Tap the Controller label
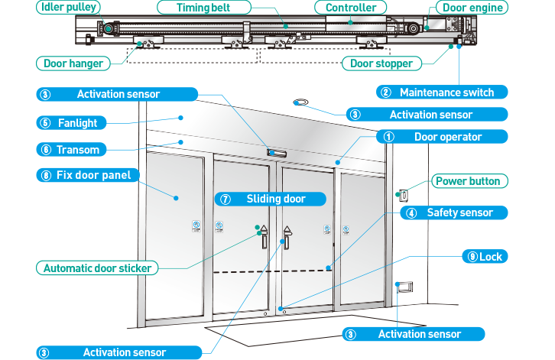pyautogui.click(x=351, y=8)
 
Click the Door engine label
pyautogui.click(x=473, y=8)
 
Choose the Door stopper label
pyautogui.click(x=381, y=63)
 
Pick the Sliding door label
pyautogui.click(x=271, y=199)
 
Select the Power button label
pyautogui.click(x=468, y=181)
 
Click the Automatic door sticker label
pyautogui.click(x=97, y=268)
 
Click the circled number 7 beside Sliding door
pyautogui.click(x=226, y=199)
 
